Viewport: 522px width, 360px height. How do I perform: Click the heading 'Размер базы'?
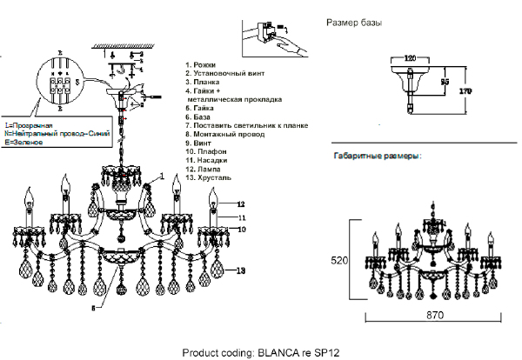point(352,21)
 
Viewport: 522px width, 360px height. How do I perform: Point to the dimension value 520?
point(340,260)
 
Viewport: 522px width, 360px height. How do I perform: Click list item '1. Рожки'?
point(203,64)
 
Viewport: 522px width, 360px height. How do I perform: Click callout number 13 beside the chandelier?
point(242,271)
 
